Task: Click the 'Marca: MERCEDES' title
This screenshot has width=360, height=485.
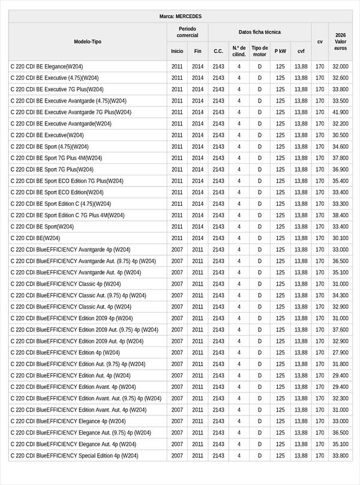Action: tap(181, 16)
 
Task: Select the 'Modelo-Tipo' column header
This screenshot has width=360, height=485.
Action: tap(88, 41)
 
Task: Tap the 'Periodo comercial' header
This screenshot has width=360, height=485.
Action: tap(187, 32)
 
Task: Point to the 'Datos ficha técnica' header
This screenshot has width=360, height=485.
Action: tap(259, 32)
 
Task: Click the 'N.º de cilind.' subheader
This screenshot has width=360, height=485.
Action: tap(239, 51)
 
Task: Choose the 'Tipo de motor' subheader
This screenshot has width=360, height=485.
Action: tap(260, 51)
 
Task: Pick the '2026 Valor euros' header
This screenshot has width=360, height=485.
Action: tap(340, 41)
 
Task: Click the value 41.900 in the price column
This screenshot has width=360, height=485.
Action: tap(340, 112)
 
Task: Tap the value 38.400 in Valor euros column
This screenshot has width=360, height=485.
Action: tap(340, 215)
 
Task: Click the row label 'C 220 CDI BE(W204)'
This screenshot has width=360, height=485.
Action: tap(35, 238)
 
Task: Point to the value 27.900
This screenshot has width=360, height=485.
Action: tap(340, 353)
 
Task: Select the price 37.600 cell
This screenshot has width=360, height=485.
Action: tap(340, 330)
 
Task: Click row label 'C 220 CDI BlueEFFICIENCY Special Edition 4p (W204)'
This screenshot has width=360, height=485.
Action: tap(74, 456)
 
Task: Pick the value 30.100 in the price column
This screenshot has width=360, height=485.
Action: tap(340, 238)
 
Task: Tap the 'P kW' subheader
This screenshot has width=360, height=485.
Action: tap(280, 51)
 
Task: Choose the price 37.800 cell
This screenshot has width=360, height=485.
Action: tap(340, 158)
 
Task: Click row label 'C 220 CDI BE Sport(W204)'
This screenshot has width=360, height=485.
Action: tap(42, 227)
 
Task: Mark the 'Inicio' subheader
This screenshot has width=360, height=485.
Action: tap(177, 51)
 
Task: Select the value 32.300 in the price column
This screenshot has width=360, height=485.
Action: tap(340, 399)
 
